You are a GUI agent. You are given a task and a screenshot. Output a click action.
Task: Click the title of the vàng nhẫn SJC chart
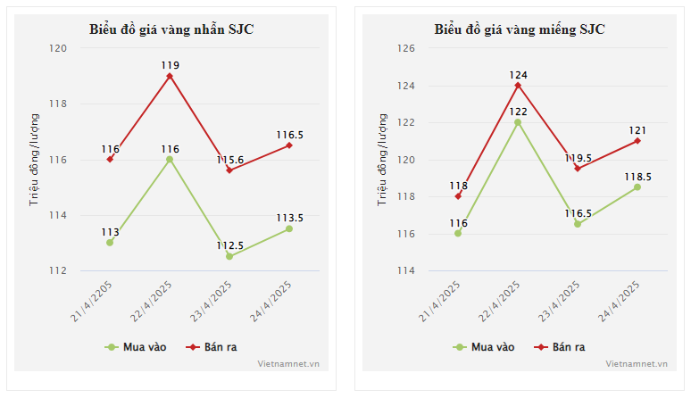pos(171,29)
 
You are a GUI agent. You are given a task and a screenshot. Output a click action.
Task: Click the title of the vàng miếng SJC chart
pos(520,29)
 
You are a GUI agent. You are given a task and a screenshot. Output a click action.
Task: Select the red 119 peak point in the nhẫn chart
pos(170,76)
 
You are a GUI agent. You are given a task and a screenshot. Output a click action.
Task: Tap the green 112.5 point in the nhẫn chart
pos(229,256)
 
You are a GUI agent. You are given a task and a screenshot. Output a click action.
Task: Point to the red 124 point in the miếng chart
pos(518,85)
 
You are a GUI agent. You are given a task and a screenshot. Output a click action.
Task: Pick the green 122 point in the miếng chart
pos(518,122)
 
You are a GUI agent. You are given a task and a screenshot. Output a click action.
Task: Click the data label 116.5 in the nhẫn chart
pos(289,135)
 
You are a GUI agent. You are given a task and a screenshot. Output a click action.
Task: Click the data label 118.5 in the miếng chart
pos(637,177)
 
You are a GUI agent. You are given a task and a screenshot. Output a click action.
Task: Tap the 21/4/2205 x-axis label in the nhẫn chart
pos(93,303)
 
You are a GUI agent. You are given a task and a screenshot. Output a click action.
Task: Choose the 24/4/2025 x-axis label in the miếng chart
pos(620,303)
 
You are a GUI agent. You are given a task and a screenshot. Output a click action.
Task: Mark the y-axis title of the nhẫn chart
pos(35,159)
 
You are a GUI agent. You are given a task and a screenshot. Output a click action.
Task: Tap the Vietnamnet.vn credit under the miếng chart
pos(636,363)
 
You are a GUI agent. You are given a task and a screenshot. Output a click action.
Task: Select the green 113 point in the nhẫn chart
pos(110,242)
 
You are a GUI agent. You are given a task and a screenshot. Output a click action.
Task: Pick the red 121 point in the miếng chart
pos(637,140)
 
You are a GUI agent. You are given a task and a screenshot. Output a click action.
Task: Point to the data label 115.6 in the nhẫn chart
pos(229,159)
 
